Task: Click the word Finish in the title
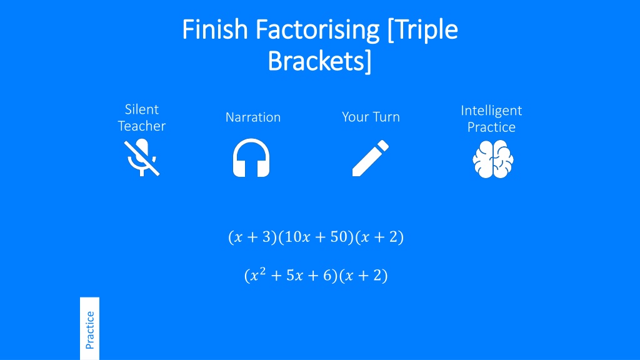(x=215, y=29)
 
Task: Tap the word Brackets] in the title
(x=319, y=61)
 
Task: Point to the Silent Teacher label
(x=142, y=117)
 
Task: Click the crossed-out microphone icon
(x=142, y=157)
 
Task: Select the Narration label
(x=253, y=117)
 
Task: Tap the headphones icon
(x=251, y=157)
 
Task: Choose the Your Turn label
(x=371, y=117)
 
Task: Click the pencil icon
(x=371, y=158)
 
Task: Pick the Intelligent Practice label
(x=491, y=119)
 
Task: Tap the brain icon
(x=493, y=159)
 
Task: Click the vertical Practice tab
(x=90, y=329)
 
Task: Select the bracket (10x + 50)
(x=316, y=237)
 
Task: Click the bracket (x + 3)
(x=252, y=237)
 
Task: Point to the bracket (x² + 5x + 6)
(x=291, y=275)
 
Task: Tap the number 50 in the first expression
(x=339, y=237)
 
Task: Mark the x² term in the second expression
(x=257, y=274)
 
